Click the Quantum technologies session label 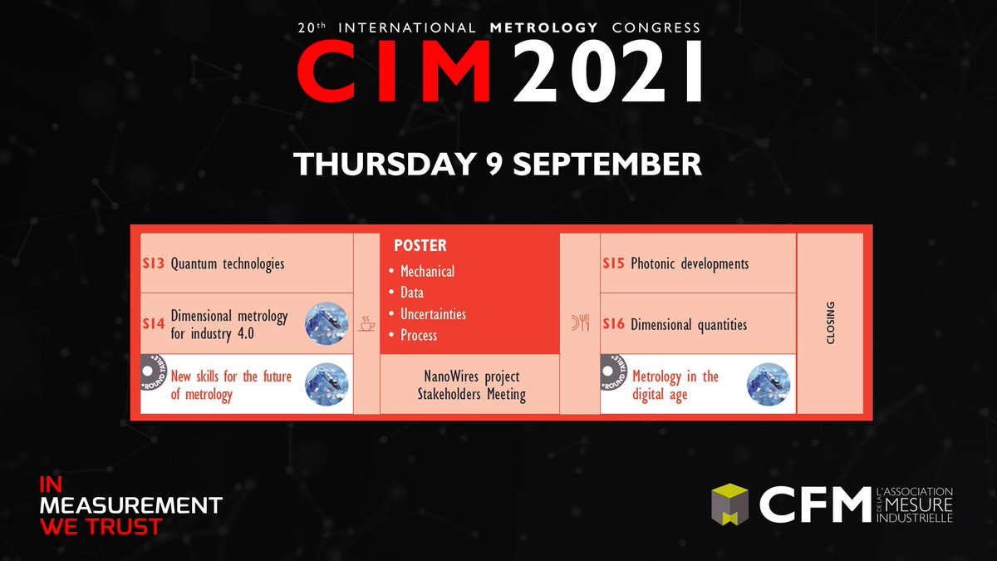[x=228, y=264]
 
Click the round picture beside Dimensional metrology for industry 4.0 [x=326, y=324]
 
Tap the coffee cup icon [x=366, y=325]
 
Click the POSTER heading [x=420, y=246]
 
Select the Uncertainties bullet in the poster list [x=433, y=314]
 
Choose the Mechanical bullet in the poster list [x=427, y=272]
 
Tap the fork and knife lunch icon [x=580, y=325]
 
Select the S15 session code [x=614, y=264]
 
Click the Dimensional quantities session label [x=689, y=325]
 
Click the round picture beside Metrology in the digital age [x=768, y=385]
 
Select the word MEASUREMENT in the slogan [x=130, y=504]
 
